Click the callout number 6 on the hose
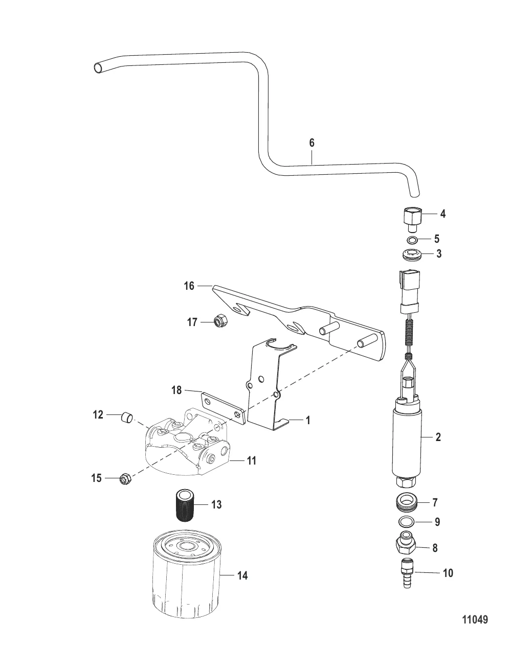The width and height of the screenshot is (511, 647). pos(312,143)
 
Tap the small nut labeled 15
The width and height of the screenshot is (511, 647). pos(124,479)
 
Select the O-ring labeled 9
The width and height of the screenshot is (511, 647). pos(406,522)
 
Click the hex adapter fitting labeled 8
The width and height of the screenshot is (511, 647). pos(406,545)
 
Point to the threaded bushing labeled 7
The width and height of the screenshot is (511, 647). pos(407,502)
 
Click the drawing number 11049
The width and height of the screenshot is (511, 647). pos(475,620)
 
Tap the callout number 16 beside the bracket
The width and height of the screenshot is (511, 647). pos(189,286)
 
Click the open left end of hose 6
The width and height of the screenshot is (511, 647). pos(99,67)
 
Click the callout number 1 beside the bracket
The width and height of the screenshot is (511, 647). pos(308,421)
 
